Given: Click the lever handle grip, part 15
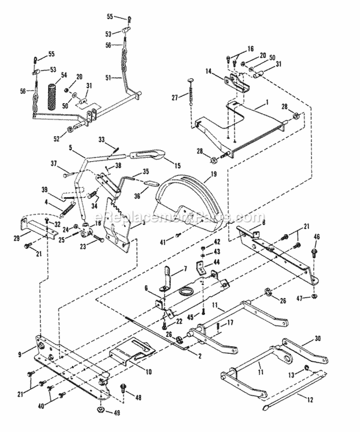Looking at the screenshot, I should pyautogui.click(x=148, y=155).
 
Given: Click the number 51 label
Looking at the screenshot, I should pyautogui.click(x=108, y=77).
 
